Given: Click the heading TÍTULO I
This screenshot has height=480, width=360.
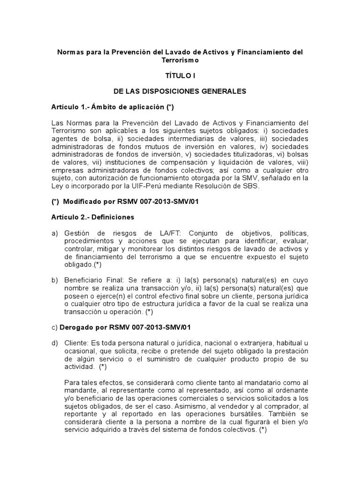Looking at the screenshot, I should click(181, 75).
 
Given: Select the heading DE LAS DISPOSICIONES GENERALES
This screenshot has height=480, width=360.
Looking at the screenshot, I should click(180, 91).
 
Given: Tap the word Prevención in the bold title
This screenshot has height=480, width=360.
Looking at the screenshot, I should click(130, 52).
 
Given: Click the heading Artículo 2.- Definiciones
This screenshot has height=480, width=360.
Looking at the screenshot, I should click(93, 217).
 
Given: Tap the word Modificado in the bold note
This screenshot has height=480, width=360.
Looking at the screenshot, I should click(80, 202).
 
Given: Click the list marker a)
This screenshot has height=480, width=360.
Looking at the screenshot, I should click(54, 233).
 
